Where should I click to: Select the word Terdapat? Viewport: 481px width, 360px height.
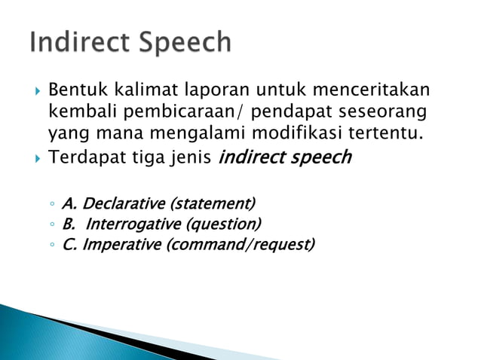point(83,159)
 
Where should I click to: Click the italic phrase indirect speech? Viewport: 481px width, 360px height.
point(284,159)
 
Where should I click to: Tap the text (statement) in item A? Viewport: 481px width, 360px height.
point(213,203)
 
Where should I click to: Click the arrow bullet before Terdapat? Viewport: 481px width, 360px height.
point(38,159)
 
